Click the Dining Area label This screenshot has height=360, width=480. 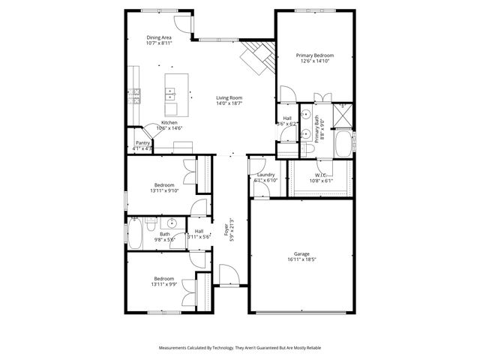[x=159, y=37]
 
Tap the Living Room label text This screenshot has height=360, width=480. [x=229, y=97]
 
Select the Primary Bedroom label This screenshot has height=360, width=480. [x=314, y=55]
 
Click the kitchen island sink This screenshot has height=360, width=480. [x=170, y=94]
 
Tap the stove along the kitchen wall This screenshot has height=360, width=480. [x=136, y=94]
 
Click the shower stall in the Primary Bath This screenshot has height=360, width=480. [x=342, y=115]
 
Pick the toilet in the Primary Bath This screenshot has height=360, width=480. [x=310, y=149]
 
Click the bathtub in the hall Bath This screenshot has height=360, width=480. [x=136, y=233]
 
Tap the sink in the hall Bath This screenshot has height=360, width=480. [x=171, y=223]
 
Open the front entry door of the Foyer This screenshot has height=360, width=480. [x=229, y=277]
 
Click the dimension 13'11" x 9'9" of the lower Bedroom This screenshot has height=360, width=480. [x=164, y=284]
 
